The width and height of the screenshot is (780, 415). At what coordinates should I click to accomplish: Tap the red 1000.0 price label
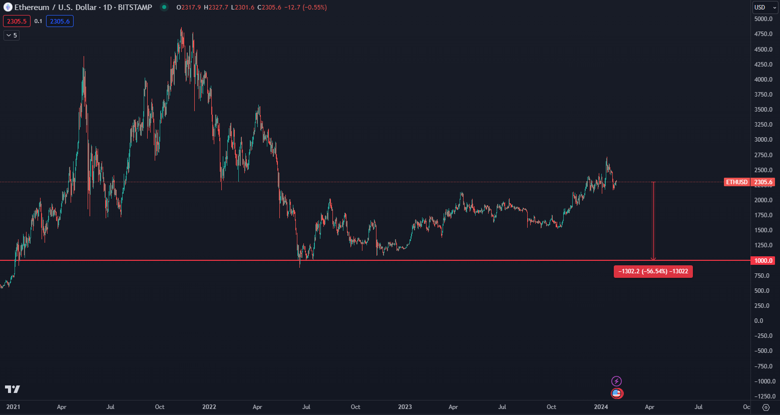763,261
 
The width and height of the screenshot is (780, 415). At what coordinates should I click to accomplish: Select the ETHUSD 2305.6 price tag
749,182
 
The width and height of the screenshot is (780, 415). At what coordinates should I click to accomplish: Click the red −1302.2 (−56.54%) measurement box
653,271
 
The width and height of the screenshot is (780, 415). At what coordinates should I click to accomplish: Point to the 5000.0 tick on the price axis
763,19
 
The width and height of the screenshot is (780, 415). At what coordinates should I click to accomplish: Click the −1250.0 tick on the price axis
762,396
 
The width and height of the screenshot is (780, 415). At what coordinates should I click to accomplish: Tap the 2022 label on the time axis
209,407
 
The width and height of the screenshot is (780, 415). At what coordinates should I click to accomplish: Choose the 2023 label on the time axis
405,407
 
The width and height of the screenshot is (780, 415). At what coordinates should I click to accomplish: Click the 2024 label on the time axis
601,407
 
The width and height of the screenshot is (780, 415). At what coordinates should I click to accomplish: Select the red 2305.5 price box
17,21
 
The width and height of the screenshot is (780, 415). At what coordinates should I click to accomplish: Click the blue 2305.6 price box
60,21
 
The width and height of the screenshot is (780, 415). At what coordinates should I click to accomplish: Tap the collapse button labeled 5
11,36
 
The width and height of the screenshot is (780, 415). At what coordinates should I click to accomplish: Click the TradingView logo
13,389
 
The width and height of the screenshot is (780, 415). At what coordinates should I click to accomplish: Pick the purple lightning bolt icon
617,381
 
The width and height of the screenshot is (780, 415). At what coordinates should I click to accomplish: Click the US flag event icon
617,393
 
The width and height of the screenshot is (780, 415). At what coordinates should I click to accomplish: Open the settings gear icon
765,407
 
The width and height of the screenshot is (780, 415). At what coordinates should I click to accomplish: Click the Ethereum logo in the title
8,8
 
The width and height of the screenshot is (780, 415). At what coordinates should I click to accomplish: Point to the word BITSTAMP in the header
135,8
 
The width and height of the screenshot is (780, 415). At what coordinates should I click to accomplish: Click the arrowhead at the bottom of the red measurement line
653,259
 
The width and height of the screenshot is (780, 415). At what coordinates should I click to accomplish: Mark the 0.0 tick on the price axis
758,321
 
